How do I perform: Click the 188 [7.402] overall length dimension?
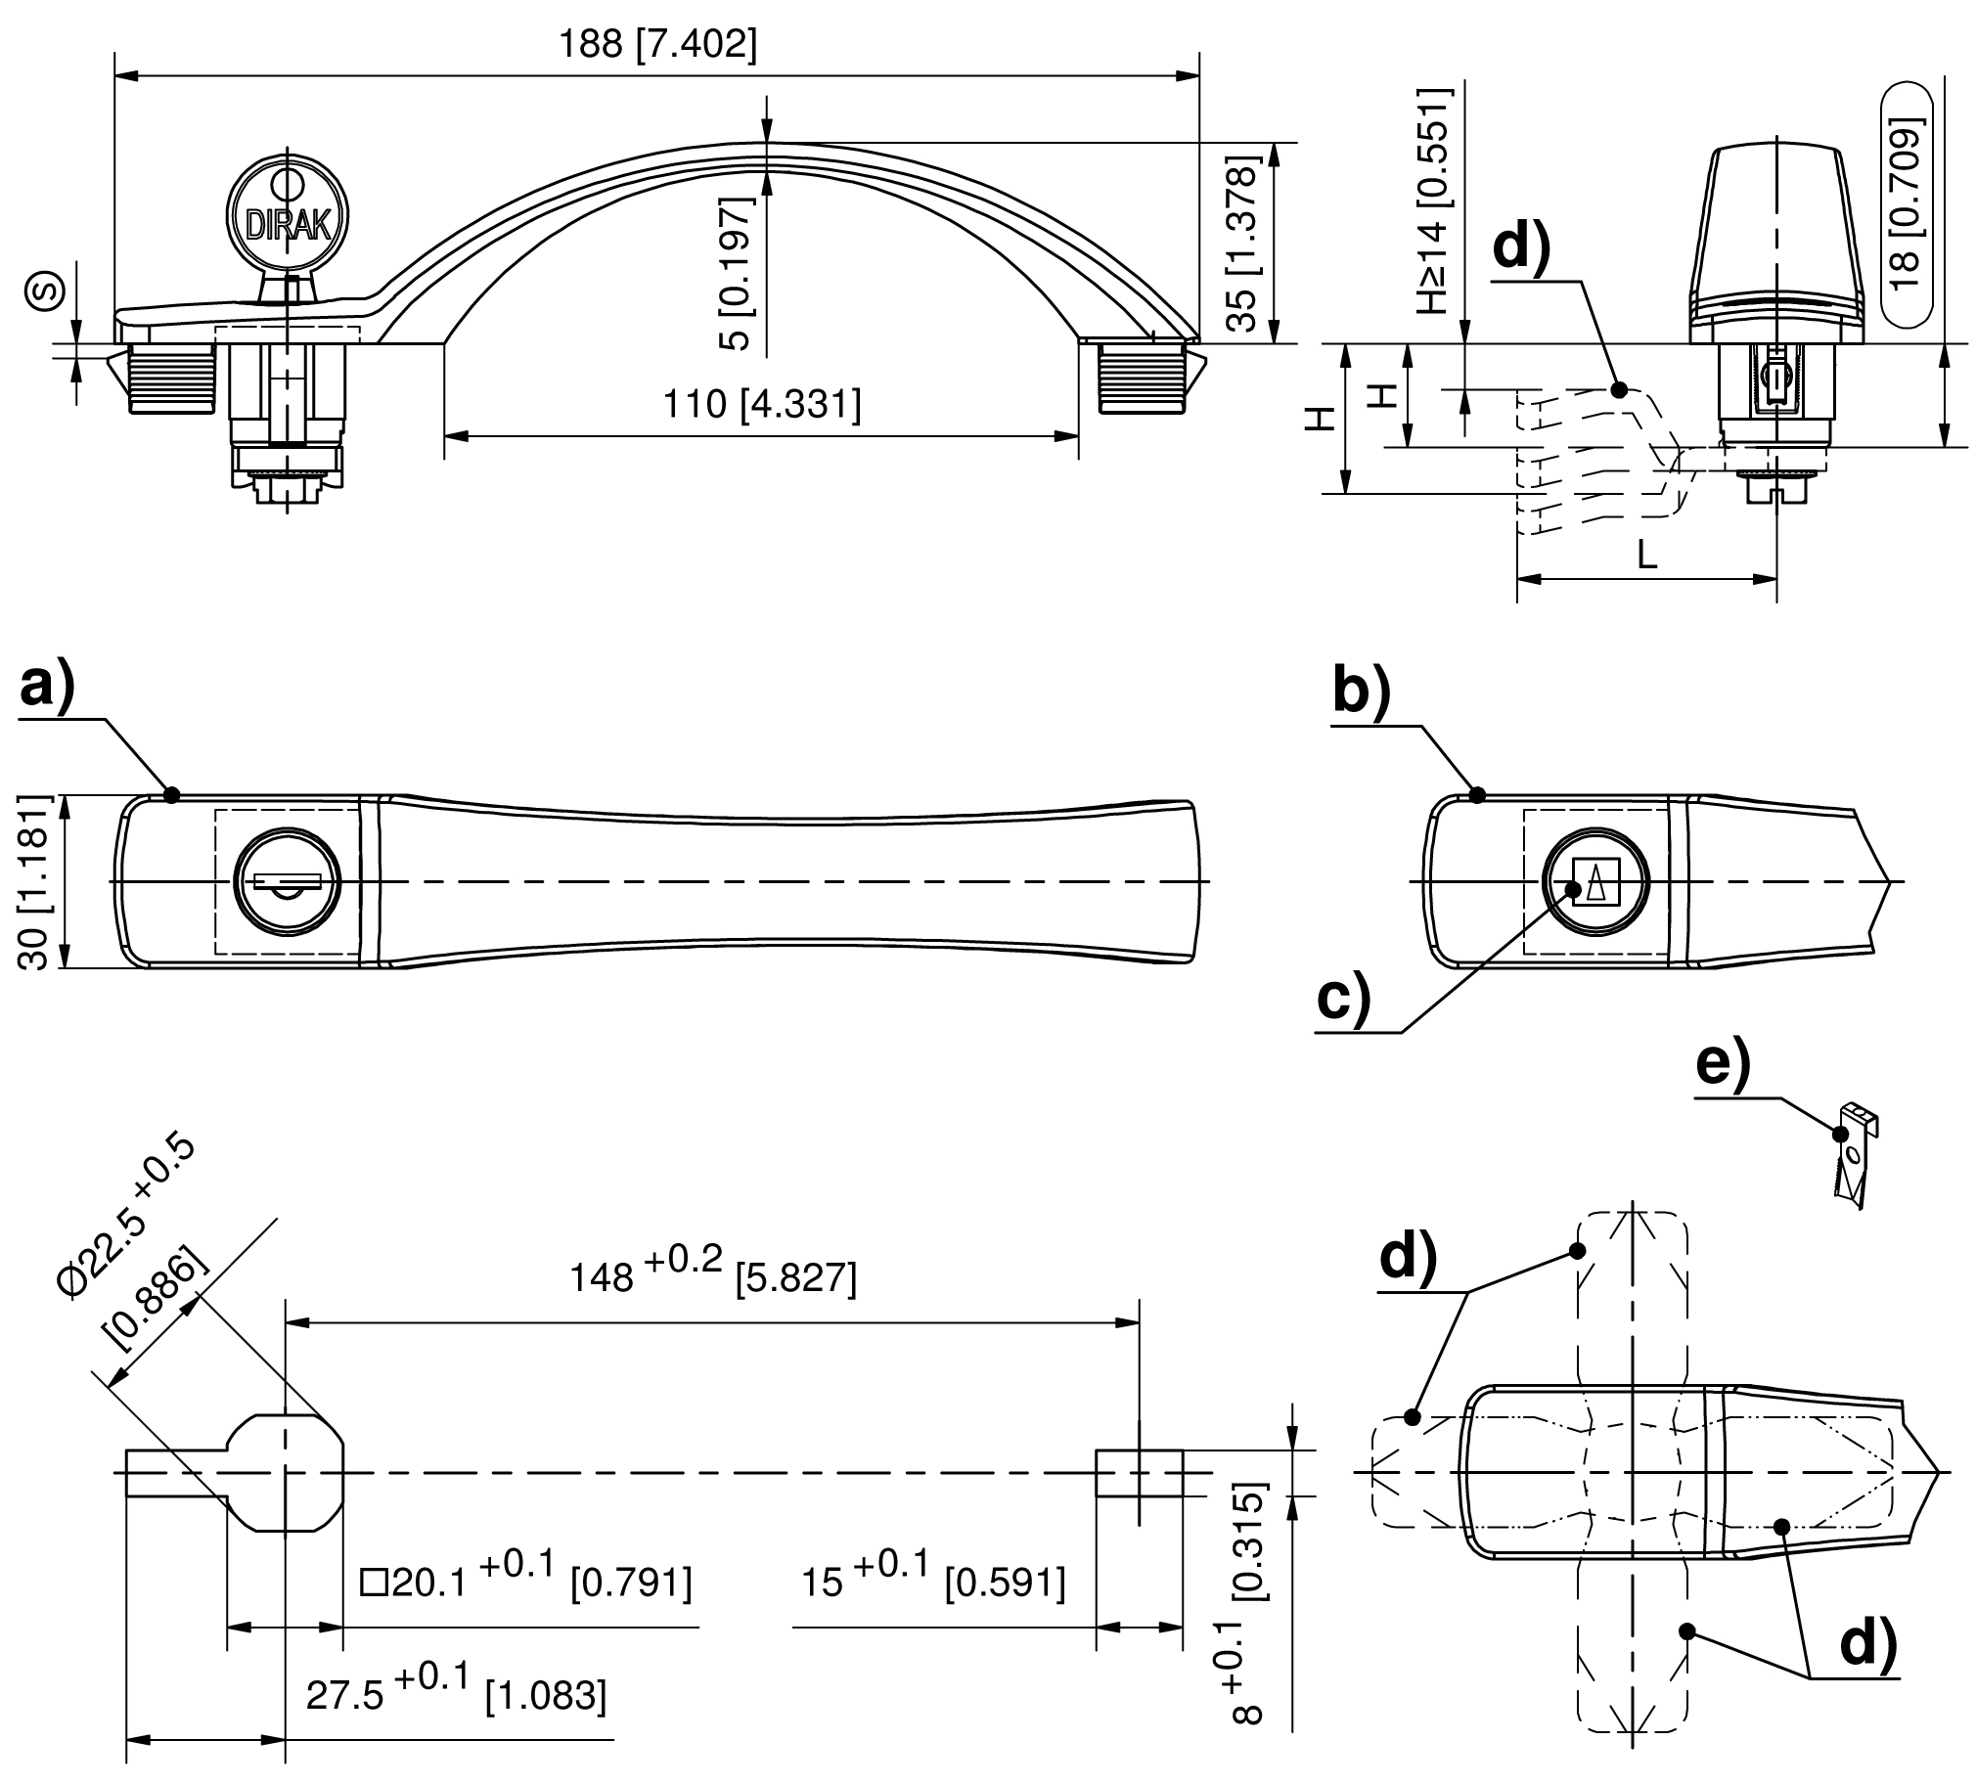657,45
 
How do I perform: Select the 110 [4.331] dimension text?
762,404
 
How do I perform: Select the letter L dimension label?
1646,556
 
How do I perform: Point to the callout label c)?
1344,998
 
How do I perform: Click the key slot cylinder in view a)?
288,881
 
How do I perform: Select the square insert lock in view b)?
1594,881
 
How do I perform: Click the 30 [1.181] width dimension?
33,882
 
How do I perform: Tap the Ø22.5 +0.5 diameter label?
127,1218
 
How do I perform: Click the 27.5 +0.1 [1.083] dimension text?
456,1694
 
